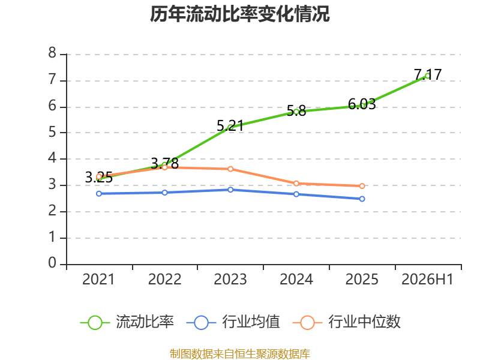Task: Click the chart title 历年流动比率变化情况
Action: point(239,14)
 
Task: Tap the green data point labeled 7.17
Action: point(428,76)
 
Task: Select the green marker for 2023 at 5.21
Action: point(230,127)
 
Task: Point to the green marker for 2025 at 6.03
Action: point(362,106)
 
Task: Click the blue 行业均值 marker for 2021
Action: point(99,194)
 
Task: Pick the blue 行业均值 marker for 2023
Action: point(230,190)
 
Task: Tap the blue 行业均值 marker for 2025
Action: point(362,199)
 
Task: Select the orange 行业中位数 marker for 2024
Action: point(296,184)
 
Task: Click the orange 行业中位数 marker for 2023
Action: point(230,169)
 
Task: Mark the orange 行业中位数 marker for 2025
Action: point(362,186)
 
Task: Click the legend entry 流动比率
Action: point(127,322)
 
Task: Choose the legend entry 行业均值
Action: point(233,322)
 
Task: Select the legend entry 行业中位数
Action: point(347,322)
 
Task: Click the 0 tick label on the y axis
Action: point(52,263)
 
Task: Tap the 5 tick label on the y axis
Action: point(52,132)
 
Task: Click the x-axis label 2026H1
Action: point(427,279)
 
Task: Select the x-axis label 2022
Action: point(164,279)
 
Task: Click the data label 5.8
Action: point(296,110)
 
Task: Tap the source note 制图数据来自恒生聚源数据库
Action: point(240,354)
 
